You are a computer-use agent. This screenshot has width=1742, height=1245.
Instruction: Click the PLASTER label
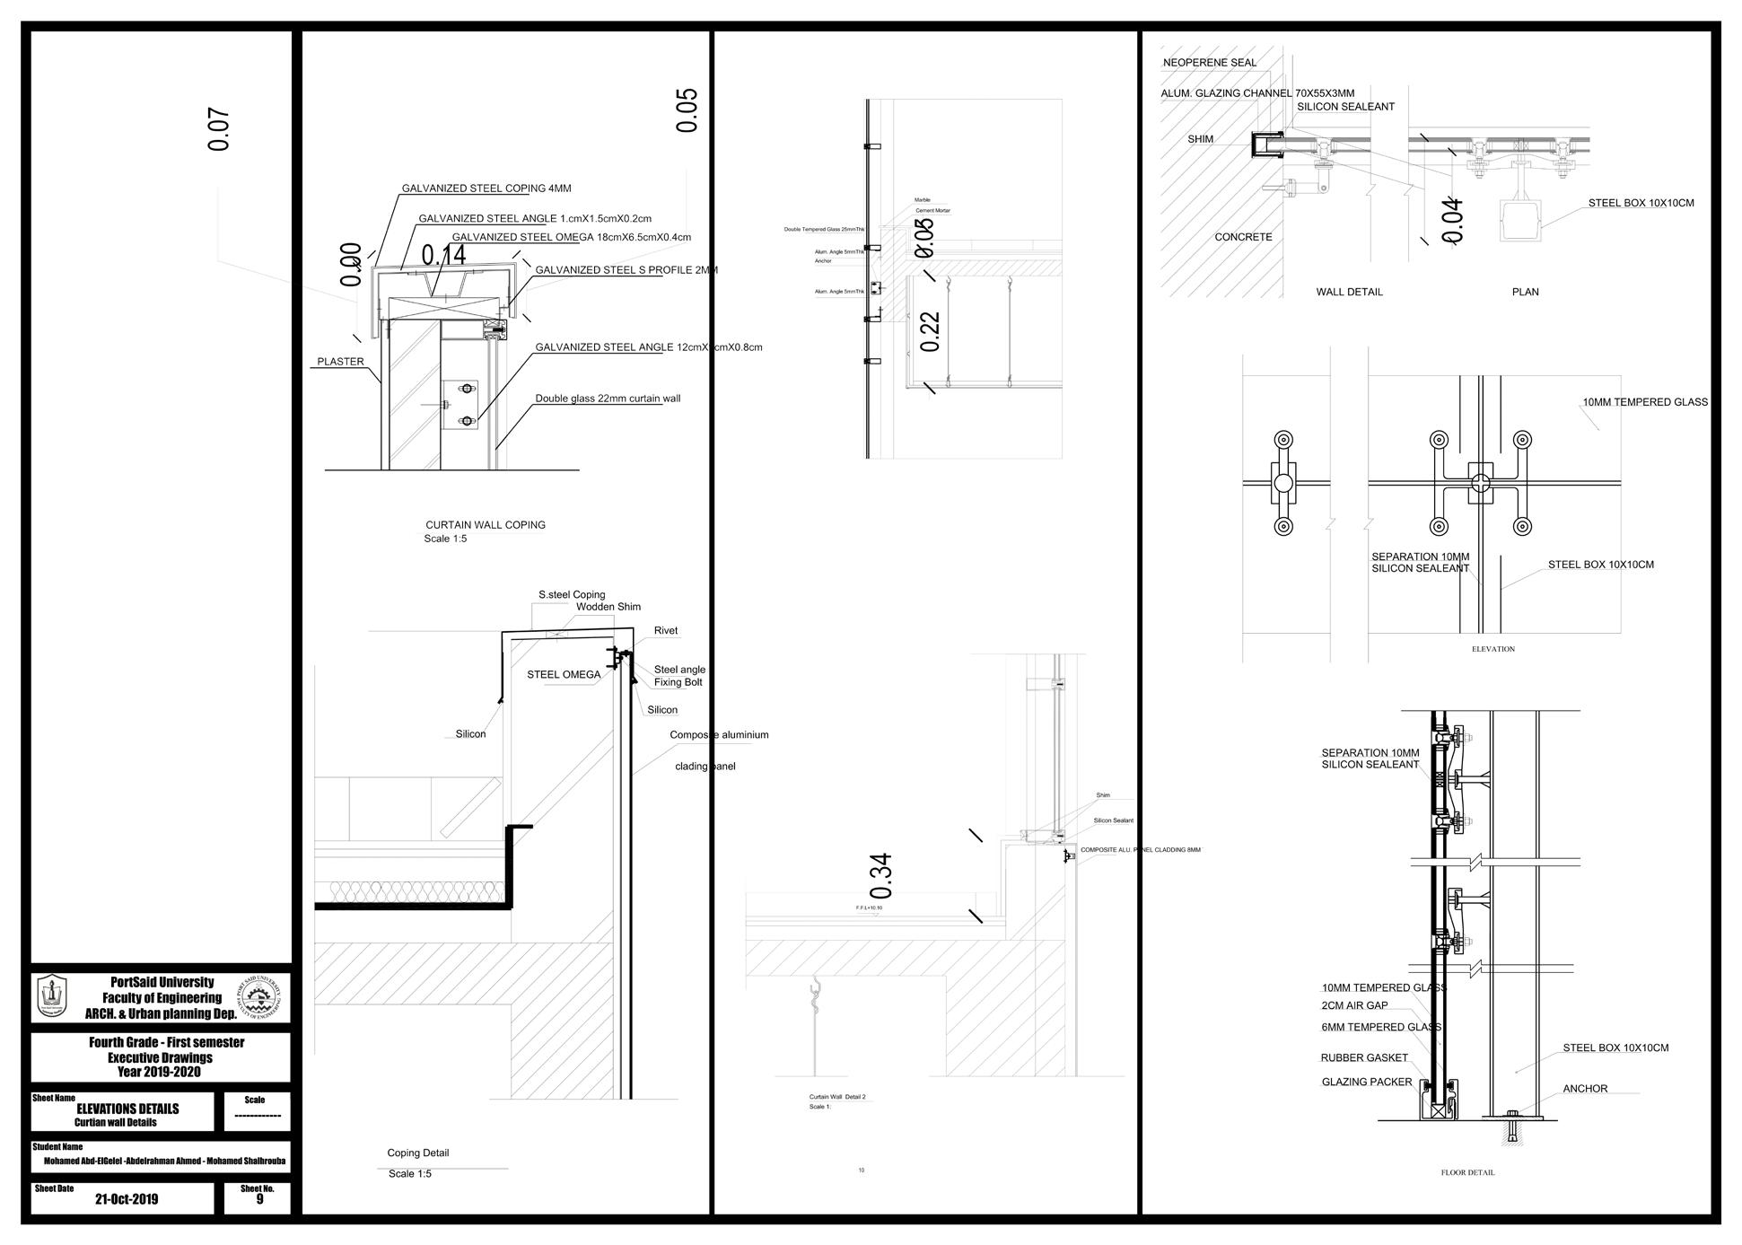click(x=340, y=362)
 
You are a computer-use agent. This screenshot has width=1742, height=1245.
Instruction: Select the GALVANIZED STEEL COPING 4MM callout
click(x=486, y=189)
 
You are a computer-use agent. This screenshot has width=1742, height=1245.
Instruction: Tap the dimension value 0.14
click(x=443, y=255)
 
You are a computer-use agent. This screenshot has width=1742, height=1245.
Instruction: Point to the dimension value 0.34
click(x=881, y=876)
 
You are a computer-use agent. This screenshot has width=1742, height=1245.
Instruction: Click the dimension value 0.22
click(x=930, y=331)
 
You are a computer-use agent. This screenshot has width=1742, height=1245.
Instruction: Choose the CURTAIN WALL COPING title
click(x=485, y=525)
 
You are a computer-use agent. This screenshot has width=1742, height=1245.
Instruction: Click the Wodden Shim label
click(x=608, y=607)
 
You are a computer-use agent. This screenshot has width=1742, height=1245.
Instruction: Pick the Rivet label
click(x=665, y=631)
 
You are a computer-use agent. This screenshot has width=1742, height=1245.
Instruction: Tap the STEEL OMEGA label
click(x=563, y=675)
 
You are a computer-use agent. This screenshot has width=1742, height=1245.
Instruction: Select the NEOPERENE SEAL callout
click(x=1209, y=63)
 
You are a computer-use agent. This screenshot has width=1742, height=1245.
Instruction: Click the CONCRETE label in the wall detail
click(x=1242, y=237)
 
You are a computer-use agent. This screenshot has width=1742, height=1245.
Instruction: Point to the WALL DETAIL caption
click(x=1349, y=292)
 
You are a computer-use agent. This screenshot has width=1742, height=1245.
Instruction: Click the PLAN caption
click(x=1525, y=292)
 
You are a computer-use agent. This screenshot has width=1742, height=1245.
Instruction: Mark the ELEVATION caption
click(x=1493, y=649)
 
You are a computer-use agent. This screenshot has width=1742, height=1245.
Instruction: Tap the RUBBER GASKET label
click(x=1363, y=1058)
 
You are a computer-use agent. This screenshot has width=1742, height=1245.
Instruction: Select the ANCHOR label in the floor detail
click(x=1585, y=1089)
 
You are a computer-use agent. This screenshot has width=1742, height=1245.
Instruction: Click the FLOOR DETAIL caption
click(x=1467, y=1172)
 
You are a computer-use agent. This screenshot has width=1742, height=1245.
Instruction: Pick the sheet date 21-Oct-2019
click(x=126, y=1199)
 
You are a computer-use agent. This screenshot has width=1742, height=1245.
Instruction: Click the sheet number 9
click(x=259, y=1199)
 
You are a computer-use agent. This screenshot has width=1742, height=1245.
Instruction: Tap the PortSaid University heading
click(x=162, y=983)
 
